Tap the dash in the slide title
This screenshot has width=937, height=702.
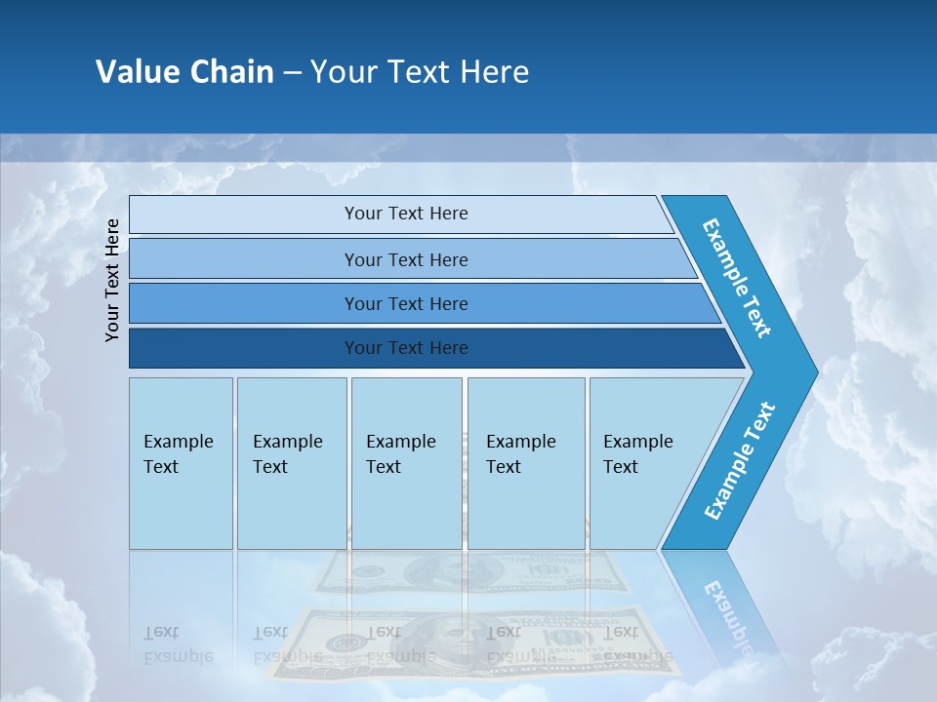tap(292, 73)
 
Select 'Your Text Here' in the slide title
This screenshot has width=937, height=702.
tap(420, 72)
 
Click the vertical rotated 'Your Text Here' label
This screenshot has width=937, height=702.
tap(113, 280)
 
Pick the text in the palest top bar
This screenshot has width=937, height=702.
tap(406, 214)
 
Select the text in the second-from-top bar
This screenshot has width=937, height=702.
tap(406, 260)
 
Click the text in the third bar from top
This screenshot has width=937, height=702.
tap(406, 304)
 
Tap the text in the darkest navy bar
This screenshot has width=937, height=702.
tap(406, 348)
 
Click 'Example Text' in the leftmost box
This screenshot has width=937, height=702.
tap(178, 454)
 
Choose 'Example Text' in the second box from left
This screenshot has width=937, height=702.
tap(287, 454)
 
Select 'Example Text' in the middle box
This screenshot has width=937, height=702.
tap(400, 454)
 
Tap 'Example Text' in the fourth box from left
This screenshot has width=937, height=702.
tap(520, 454)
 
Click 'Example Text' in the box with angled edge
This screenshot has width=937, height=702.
tap(637, 454)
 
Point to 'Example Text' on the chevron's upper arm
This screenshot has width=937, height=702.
tap(737, 278)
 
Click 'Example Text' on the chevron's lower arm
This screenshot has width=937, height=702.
tap(739, 461)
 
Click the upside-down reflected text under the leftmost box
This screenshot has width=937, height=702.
tap(178, 644)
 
